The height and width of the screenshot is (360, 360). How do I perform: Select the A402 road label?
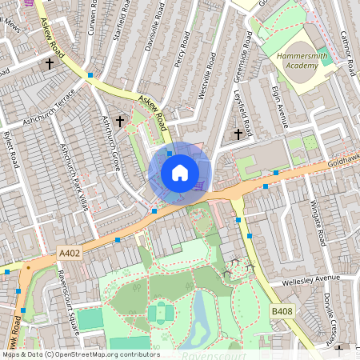coord(70,253)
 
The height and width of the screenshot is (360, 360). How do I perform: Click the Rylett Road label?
coord(10,151)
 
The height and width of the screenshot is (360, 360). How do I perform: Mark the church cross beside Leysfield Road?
coord(238,134)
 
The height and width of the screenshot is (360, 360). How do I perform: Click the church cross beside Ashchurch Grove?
coord(120,122)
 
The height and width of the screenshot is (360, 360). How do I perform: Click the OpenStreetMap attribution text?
coord(80,354)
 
